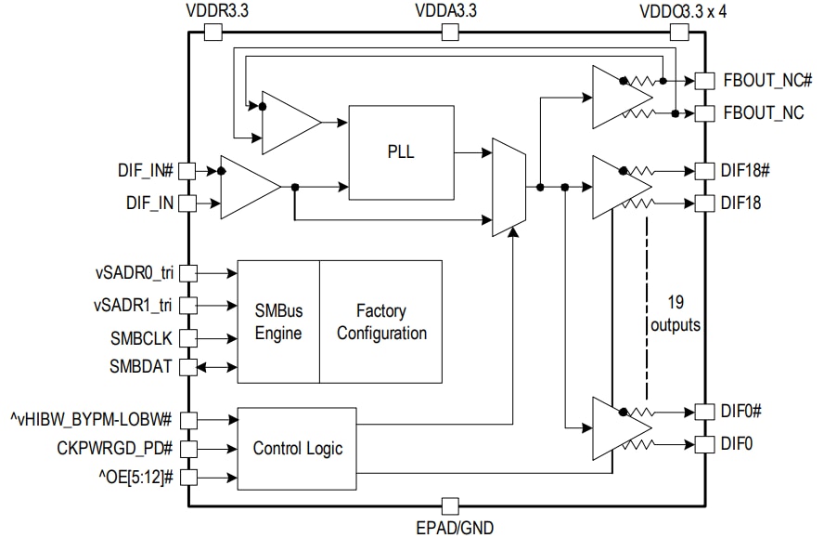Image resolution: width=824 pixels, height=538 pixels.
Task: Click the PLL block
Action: point(400,152)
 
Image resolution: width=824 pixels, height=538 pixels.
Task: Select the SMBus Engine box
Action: point(278,321)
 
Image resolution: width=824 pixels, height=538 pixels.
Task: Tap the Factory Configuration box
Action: point(380,321)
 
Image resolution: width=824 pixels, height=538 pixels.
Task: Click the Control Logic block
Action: point(297,449)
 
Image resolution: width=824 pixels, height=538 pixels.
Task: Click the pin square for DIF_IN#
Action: point(187,171)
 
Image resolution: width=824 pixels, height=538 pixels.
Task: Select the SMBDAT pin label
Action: point(141,367)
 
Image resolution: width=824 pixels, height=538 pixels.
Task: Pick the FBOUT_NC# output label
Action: point(767,81)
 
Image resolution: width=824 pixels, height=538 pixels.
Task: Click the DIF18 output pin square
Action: point(704,203)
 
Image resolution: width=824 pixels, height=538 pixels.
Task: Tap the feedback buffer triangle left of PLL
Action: point(290,122)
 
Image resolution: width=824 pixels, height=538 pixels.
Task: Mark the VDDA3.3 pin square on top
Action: point(450,33)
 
